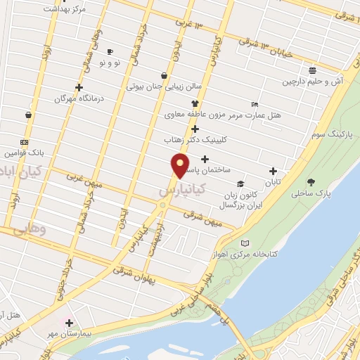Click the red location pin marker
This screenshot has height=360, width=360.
181,165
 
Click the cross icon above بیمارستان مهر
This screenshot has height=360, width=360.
69,323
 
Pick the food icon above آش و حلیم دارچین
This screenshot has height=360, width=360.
312,70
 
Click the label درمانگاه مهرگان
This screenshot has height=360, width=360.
79,98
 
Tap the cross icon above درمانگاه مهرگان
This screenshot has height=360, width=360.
79,87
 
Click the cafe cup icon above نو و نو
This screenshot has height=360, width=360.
110,52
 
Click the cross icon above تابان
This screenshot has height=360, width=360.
274,171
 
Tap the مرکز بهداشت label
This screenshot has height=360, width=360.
64,9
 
